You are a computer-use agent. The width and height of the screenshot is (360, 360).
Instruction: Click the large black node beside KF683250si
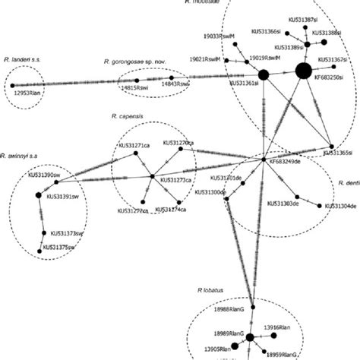(303, 72)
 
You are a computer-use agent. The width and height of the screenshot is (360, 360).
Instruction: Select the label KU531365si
(332, 153)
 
